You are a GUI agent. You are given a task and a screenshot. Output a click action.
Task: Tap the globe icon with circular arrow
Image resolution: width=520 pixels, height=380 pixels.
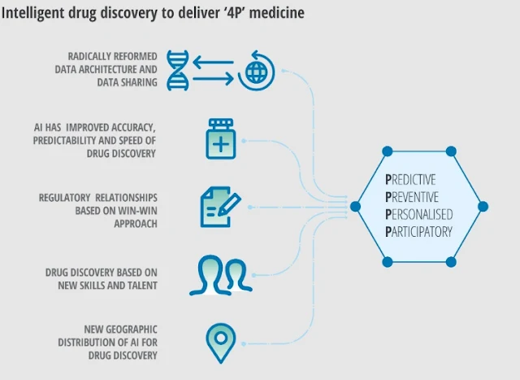(x=254, y=70)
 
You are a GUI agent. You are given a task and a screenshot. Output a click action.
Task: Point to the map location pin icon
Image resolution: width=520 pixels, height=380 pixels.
(x=219, y=342)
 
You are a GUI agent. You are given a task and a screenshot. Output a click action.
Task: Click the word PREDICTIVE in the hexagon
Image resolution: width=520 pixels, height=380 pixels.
(x=410, y=179)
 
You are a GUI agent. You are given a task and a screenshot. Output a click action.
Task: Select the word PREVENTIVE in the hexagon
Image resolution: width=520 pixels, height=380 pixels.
(x=412, y=197)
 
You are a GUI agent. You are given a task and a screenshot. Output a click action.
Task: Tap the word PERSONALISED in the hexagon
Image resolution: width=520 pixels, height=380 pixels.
(x=418, y=215)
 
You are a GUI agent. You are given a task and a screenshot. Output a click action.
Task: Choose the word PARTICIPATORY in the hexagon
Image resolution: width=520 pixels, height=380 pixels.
(x=419, y=232)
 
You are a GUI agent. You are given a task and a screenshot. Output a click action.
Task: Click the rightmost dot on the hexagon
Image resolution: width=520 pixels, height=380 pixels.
(x=483, y=206)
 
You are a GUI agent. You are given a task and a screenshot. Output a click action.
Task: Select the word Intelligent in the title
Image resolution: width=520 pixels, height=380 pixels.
(x=30, y=14)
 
